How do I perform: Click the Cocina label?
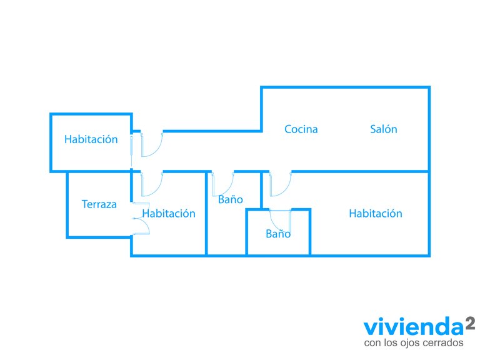pyautogui.click(x=301, y=129)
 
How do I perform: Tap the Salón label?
pyautogui.click(x=384, y=129)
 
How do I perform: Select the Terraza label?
pyautogui.click(x=99, y=204)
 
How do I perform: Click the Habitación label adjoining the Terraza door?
pyautogui.click(x=169, y=213)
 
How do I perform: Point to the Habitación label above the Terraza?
pyautogui.click(x=91, y=139)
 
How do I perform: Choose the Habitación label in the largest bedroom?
pyautogui.click(x=376, y=213)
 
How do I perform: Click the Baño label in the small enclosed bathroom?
pyautogui.click(x=278, y=234)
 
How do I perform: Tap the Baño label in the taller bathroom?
pyautogui.click(x=231, y=199)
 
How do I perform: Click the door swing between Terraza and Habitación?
pyautogui.click(x=146, y=224)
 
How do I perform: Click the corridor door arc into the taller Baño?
pyautogui.click(x=228, y=191)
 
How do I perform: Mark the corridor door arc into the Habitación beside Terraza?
pyautogui.click(x=157, y=191)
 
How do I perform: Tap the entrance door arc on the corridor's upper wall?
pyautogui.click(x=157, y=151)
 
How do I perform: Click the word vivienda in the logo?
pyautogui.click(x=414, y=326)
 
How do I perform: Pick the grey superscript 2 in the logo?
pyautogui.click(x=470, y=323)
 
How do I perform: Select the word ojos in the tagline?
pyautogui.click(x=412, y=343)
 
